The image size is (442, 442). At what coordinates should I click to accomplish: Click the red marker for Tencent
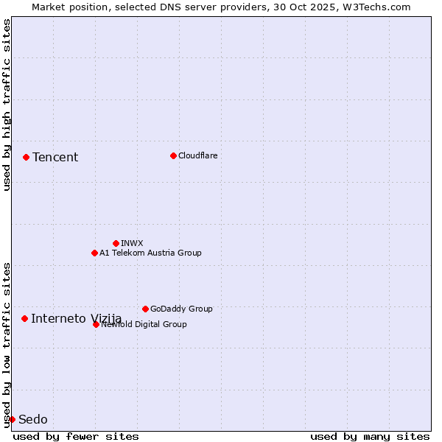[26, 157]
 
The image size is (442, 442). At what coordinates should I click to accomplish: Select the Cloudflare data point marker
[173, 155]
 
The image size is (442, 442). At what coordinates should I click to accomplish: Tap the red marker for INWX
[116, 243]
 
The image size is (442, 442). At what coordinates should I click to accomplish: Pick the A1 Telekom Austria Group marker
[94, 253]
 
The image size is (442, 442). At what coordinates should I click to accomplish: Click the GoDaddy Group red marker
[145, 309]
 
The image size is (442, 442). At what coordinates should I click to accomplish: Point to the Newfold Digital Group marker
[96, 324]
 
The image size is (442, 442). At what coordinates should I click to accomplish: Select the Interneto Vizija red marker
[24, 318]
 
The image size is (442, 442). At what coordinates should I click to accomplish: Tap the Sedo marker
[12, 419]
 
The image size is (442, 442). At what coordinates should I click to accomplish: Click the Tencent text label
[55, 157]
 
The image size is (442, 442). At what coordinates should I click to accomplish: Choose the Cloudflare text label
[197, 155]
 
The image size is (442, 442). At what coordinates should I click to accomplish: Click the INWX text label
[132, 243]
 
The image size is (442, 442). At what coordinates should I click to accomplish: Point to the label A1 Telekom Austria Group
[150, 253]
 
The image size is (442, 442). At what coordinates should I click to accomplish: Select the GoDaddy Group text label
[181, 309]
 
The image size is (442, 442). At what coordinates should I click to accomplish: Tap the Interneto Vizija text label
[76, 318]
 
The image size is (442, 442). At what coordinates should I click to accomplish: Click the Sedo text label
[33, 419]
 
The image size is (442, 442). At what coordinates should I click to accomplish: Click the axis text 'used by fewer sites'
[76, 436]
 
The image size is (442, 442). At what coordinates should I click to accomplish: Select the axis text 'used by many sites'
[370, 436]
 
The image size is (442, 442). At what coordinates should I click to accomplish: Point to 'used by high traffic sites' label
[7, 105]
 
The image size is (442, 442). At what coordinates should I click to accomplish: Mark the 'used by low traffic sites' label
[7, 344]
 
